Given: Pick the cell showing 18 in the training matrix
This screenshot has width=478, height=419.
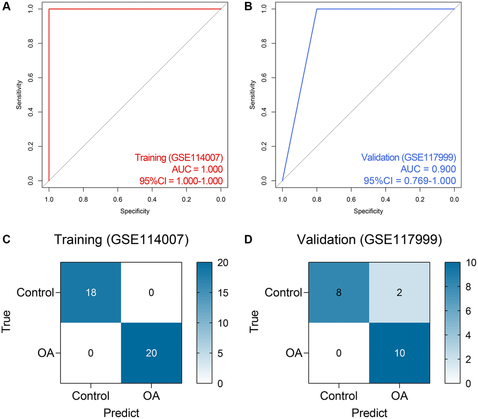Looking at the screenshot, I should [91, 293].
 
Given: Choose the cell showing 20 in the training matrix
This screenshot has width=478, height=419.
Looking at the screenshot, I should [151, 353].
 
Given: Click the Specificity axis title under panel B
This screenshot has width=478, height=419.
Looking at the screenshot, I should [368, 211].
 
